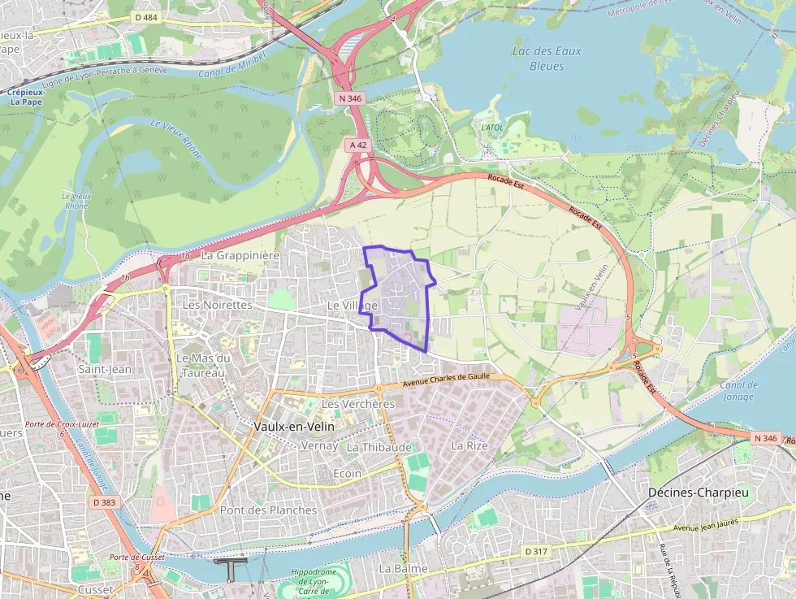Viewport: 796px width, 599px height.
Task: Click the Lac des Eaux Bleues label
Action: (547, 58)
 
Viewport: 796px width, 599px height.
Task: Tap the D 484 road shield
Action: (146, 17)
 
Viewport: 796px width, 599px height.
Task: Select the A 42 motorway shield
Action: (357, 145)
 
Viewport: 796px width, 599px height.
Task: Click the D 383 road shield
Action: (104, 502)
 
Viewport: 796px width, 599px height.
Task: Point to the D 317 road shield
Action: (535, 552)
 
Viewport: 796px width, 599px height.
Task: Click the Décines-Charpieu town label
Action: (697, 493)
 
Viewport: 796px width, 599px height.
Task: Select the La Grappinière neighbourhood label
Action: (240, 255)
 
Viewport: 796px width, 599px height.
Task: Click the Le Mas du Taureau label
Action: (204, 365)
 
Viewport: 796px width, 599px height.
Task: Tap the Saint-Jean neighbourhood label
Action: (105, 369)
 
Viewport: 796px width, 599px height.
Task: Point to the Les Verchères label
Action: (358, 404)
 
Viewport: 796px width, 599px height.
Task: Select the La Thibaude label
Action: (379, 447)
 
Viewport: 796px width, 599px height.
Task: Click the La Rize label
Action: (469, 446)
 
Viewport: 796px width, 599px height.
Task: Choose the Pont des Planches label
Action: (268, 510)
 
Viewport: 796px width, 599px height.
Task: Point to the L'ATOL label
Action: (492, 128)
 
